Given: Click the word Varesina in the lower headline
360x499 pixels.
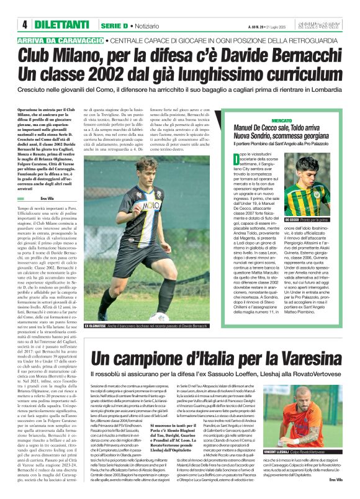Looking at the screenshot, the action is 308,358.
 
